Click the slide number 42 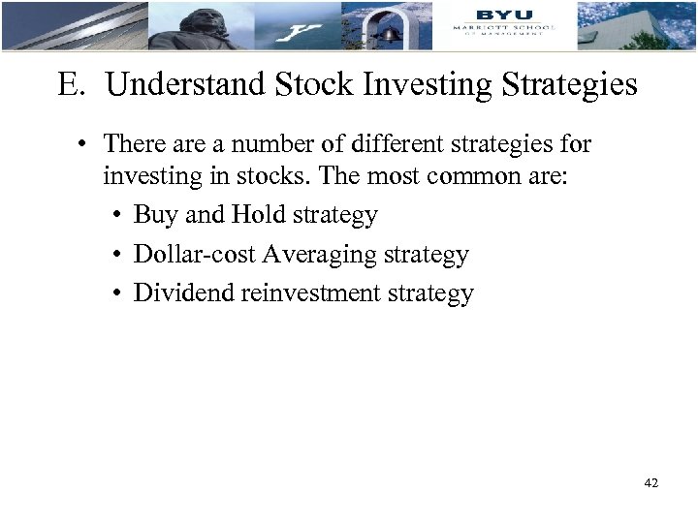click(650, 482)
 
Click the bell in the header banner click(391, 33)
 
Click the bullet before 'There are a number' click(86, 145)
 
